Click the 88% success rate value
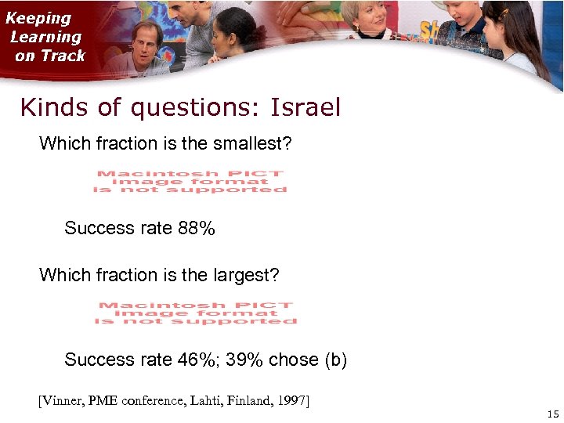[x=197, y=228]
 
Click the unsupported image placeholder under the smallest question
[x=190, y=181]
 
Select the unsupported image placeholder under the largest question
[x=196, y=313]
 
